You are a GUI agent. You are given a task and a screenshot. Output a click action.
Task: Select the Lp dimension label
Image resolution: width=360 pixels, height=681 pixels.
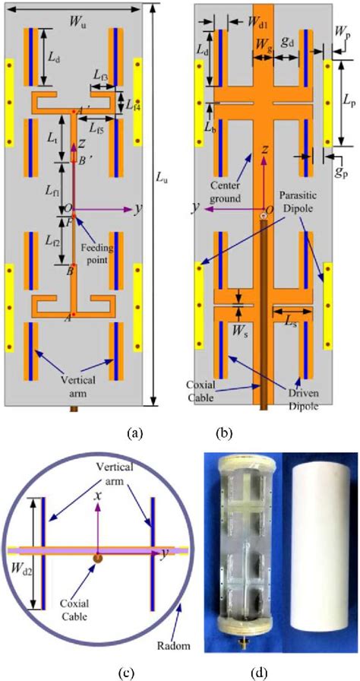(348, 101)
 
